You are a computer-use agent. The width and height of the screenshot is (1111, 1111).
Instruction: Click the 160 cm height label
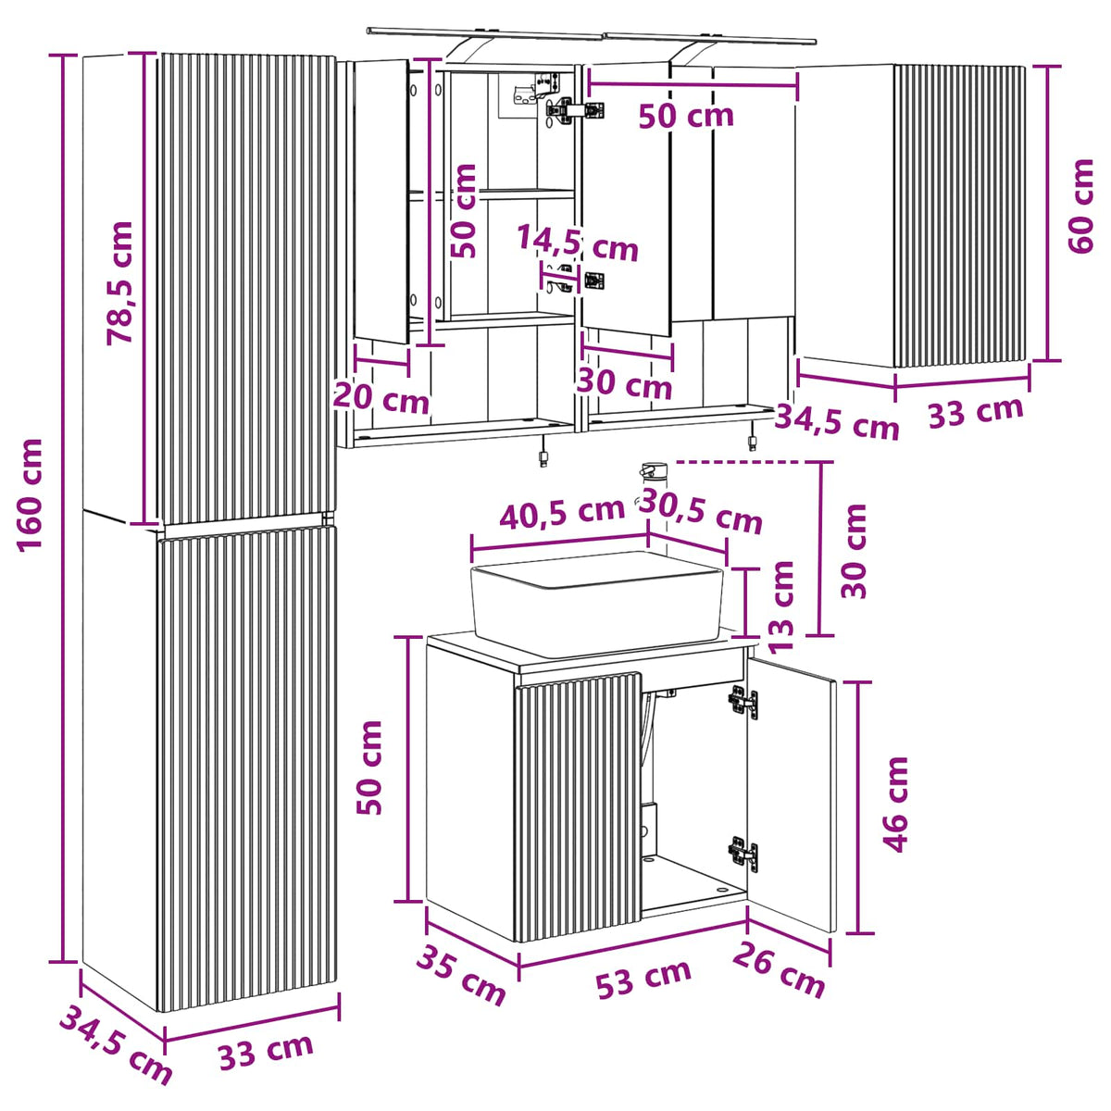click(30, 495)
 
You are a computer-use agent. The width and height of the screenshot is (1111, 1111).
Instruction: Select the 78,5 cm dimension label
click(120, 283)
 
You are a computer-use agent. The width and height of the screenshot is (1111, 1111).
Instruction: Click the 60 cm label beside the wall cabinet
click(1080, 206)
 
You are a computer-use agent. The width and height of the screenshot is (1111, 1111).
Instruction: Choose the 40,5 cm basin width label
click(562, 513)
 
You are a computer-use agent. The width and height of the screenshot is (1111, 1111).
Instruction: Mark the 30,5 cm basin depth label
click(701, 511)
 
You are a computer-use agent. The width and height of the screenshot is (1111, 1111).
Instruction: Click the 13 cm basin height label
click(781, 605)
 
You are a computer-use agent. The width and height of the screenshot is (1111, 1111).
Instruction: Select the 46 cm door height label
click(895, 805)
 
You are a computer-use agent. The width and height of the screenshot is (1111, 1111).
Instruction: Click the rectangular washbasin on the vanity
click(597, 604)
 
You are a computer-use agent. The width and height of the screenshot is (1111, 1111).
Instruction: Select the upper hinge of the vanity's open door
click(743, 702)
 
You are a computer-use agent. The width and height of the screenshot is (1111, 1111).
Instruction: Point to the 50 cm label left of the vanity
click(369, 768)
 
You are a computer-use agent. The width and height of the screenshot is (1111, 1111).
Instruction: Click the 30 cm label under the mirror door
click(624, 382)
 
